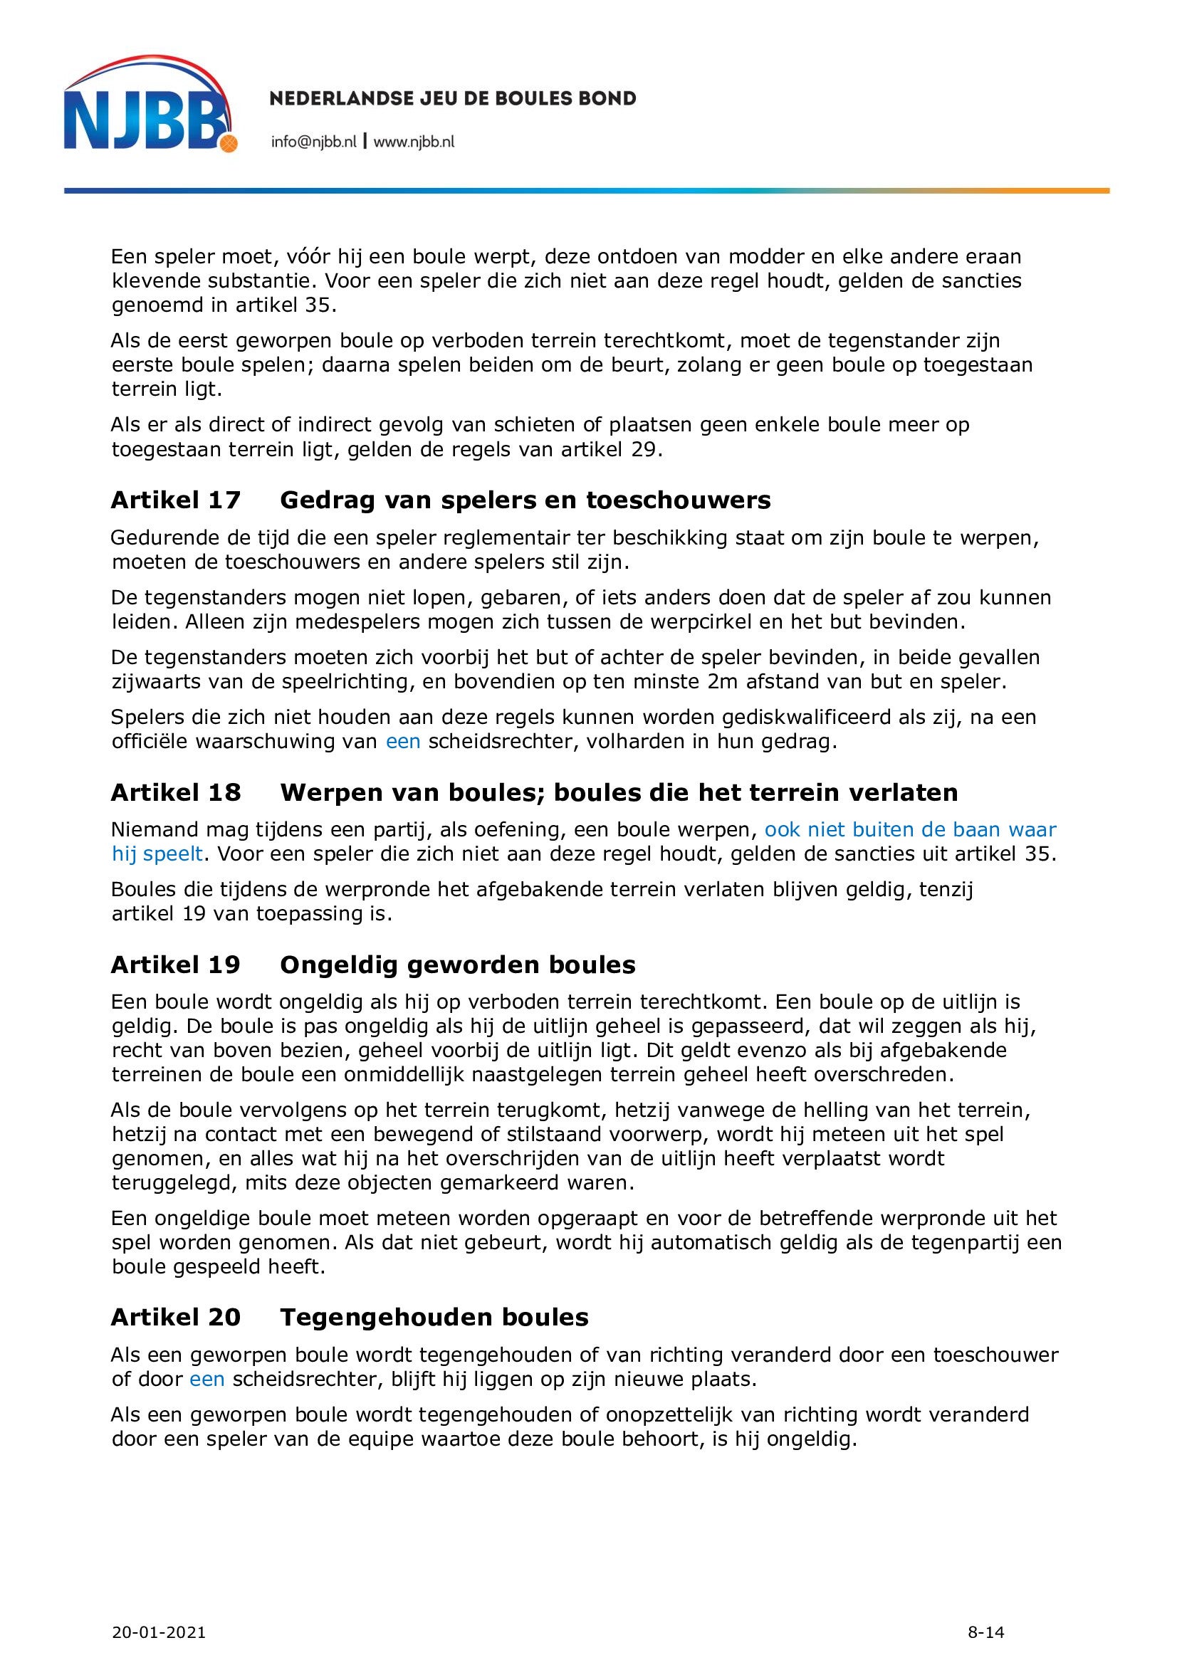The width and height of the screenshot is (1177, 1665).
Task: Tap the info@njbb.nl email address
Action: (x=313, y=142)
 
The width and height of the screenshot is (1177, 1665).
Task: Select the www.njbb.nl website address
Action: (x=414, y=142)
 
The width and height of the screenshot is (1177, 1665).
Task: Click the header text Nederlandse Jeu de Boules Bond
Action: (x=453, y=98)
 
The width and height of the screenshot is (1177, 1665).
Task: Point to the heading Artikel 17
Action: (x=175, y=500)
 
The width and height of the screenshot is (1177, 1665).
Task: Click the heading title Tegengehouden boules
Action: (x=434, y=1317)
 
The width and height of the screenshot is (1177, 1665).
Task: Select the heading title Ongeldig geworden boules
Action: (x=458, y=965)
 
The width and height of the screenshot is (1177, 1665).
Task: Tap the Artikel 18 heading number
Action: (x=175, y=792)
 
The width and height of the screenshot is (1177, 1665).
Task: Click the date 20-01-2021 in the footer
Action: (x=159, y=1612)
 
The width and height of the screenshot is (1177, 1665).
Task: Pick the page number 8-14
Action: (x=985, y=1612)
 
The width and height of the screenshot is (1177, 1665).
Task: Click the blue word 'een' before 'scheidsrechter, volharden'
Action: (x=403, y=742)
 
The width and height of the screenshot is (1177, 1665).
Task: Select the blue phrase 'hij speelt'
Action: (x=157, y=853)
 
